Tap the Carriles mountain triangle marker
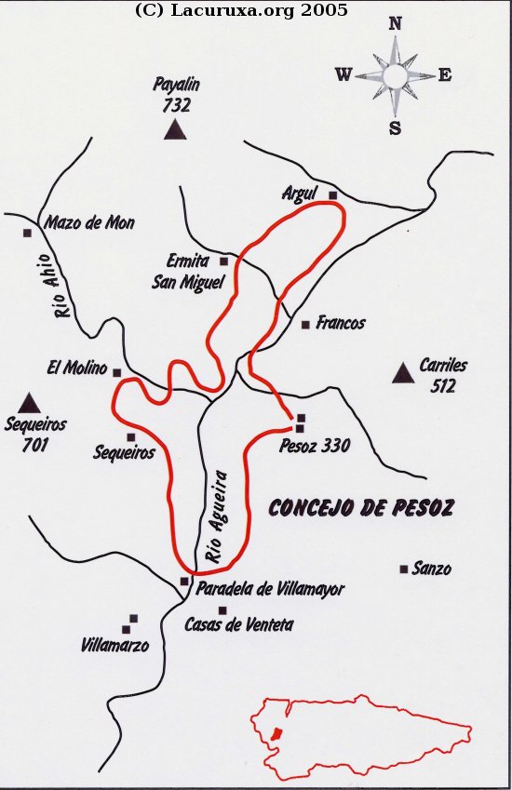(x=403, y=373)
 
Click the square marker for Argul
(x=332, y=194)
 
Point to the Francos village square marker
(x=305, y=325)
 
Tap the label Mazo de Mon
(x=89, y=223)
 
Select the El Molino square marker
(x=117, y=372)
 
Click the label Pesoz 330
(x=315, y=446)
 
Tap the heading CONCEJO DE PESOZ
(x=361, y=507)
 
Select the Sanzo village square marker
(x=403, y=569)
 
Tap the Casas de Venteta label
(x=238, y=625)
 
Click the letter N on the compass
(x=395, y=25)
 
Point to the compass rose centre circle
(x=395, y=75)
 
